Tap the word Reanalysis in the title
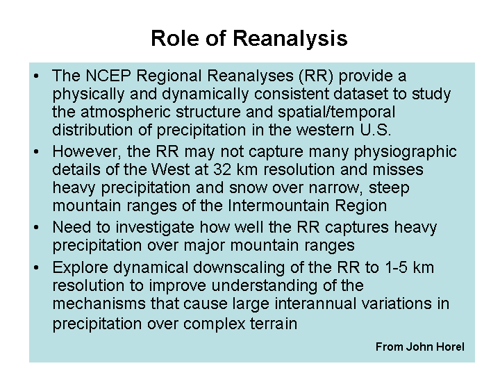(x=290, y=39)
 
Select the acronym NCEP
(x=108, y=76)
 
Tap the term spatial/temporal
(x=336, y=112)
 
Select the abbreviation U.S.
(x=375, y=130)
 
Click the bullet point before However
(x=36, y=152)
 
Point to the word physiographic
(x=406, y=152)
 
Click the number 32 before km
(x=222, y=169)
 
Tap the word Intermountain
(x=278, y=206)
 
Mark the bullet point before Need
(x=36, y=227)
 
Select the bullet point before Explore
(x=36, y=267)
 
